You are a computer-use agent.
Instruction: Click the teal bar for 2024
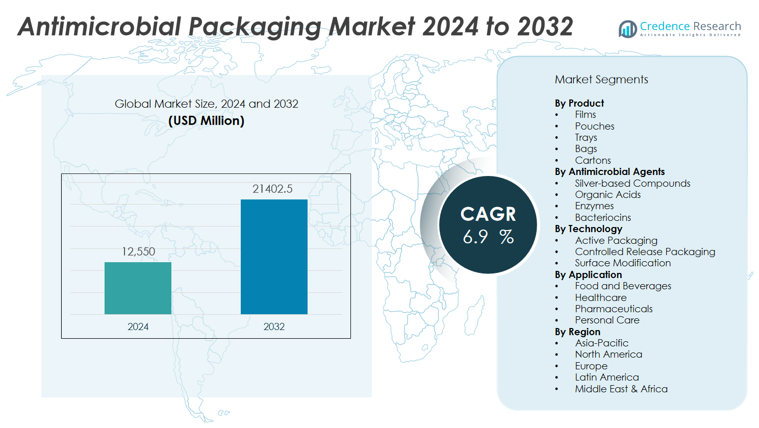pyautogui.click(x=138, y=288)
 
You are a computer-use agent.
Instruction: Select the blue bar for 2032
pyautogui.click(x=274, y=257)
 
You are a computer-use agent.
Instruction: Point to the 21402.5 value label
pyautogui.click(x=272, y=189)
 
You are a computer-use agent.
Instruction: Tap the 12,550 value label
pyautogui.click(x=138, y=251)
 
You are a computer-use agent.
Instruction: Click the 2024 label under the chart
pyautogui.click(x=138, y=326)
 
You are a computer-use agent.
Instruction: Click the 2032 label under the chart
pyautogui.click(x=274, y=326)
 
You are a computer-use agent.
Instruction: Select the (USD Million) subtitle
pyautogui.click(x=206, y=121)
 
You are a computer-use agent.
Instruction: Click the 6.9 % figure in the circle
pyautogui.click(x=488, y=237)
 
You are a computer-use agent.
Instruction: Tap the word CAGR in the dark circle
pyautogui.click(x=488, y=214)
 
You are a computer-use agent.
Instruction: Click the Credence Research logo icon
pyautogui.click(x=627, y=29)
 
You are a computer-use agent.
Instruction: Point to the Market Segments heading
pyautogui.click(x=601, y=80)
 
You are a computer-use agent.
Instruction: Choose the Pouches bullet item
pyautogui.click(x=594, y=126)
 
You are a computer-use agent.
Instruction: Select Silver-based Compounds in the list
pyautogui.click(x=633, y=183)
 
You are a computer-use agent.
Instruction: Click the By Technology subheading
pyautogui.click(x=588, y=229)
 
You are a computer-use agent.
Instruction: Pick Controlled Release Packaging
pyautogui.click(x=645, y=251)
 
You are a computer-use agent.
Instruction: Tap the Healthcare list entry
pyautogui.click(x=600, y=297)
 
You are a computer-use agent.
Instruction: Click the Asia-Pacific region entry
pyautogui.click(x=601, y=343)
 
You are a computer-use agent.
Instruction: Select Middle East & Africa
pyautogui.click(x=621, y=389)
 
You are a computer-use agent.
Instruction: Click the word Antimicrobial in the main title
pyautogui.click(x=99, y=27)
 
